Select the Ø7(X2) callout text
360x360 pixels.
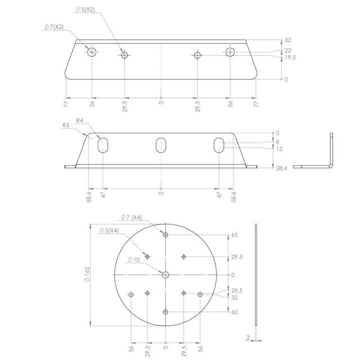click(54, 26)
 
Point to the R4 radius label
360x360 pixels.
click(80, 120)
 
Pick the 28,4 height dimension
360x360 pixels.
click(282, 167)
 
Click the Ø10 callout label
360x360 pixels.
click(134, 259)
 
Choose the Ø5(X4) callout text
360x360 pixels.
click(108, 230)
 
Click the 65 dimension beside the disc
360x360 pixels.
click(235, 235)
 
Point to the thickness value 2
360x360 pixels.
click(247, 337)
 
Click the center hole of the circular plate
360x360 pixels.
click(165, 274)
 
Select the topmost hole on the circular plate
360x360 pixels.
click(165, 233)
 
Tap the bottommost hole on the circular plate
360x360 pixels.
click(165, 312)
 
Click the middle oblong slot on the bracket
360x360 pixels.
click(161, 145)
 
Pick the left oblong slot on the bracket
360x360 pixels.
click(103, 145)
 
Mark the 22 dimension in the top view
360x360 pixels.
click(287, 51)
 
